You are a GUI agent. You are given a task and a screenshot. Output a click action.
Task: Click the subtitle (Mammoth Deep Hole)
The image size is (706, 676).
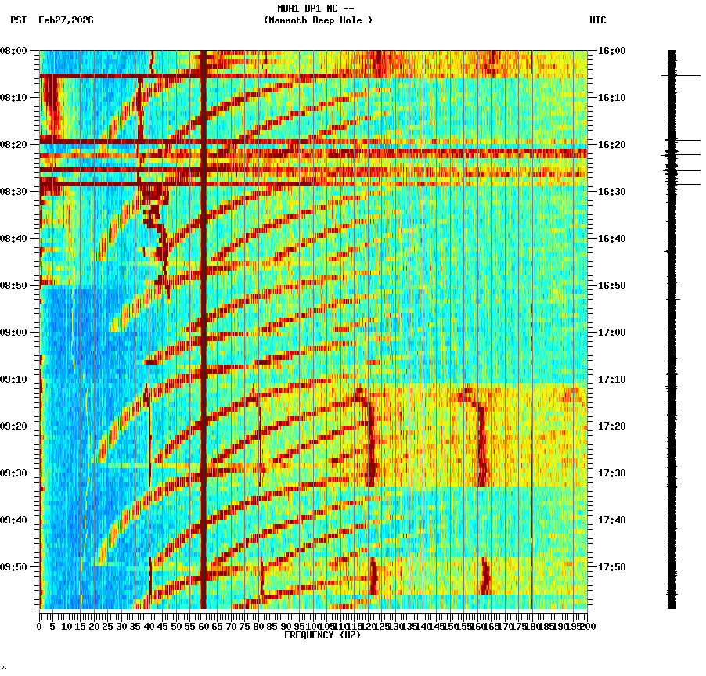(318, 20)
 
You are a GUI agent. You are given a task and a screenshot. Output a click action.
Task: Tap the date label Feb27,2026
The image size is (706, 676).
(66, 20)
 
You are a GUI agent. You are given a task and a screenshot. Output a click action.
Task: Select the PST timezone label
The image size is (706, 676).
(19, 20)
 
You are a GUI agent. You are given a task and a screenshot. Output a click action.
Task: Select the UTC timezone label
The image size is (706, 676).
(598, 20)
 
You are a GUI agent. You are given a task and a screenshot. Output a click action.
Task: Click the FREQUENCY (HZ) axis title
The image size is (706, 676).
(322, 635)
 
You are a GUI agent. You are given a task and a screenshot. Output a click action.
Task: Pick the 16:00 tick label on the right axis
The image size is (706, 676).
(612, 51)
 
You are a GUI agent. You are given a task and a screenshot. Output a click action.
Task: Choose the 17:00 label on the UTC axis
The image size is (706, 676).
(612, 333)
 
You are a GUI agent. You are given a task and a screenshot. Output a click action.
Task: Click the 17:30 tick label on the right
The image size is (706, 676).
(612, 473)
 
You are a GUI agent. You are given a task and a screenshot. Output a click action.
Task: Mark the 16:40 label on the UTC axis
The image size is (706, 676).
(612, 239)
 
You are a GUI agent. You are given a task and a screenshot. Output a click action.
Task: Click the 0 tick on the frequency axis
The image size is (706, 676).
(40, 627)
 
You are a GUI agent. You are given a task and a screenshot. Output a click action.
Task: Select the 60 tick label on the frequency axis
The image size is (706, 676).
(204, 627)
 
